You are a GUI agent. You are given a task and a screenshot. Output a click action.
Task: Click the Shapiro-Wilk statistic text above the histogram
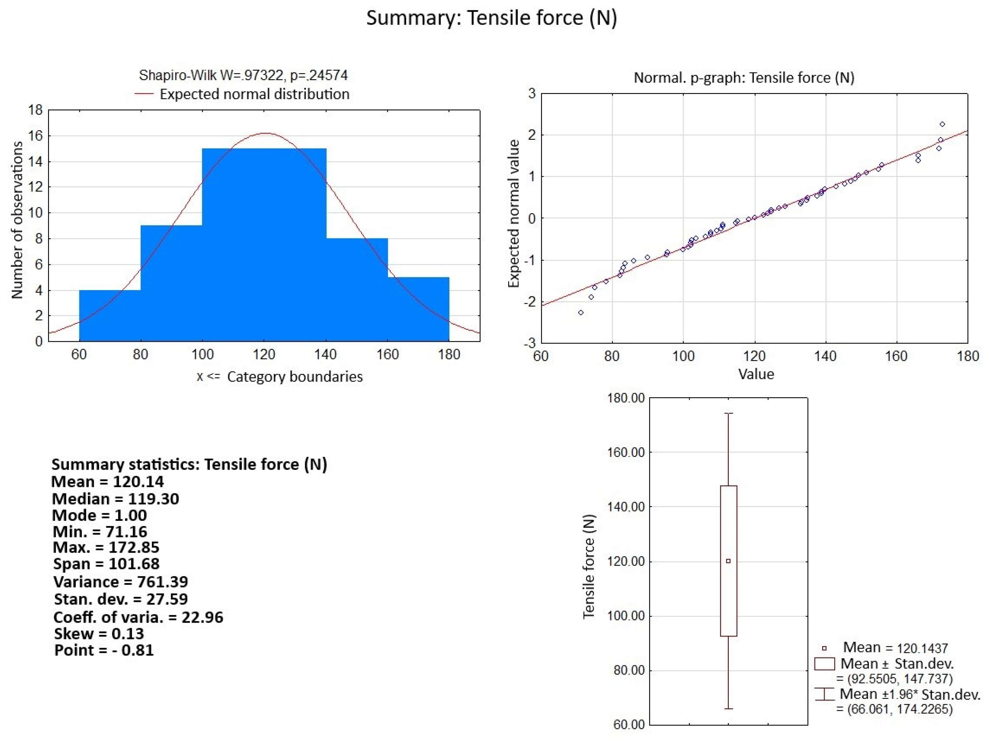(243, 75)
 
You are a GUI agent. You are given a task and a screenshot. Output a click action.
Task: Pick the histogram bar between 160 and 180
(418, 309)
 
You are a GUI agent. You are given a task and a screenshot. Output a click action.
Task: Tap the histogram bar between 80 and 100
(171, 283)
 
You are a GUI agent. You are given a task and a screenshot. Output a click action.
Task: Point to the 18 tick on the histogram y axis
(36, 110)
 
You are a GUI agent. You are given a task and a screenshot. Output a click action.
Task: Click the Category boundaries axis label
(294, 377)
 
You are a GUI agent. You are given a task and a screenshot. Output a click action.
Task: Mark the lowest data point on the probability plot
(581, 312)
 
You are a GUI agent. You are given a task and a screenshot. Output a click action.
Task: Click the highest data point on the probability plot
(942, 124)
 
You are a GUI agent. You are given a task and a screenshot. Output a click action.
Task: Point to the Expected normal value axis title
(514, 214)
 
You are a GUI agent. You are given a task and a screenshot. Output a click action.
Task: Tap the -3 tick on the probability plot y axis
(530, 343)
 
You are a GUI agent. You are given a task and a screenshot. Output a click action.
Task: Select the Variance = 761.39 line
(120, 582)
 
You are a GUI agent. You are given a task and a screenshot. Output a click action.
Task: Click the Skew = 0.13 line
(99, 633)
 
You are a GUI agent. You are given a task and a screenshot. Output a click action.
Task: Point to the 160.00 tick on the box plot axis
(626, 452)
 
